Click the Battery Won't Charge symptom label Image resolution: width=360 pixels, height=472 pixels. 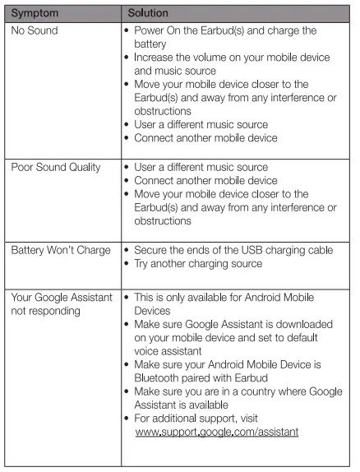[61, 250]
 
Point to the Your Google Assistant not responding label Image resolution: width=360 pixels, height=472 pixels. [61, 303]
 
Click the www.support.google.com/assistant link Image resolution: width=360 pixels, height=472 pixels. [216, 431]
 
